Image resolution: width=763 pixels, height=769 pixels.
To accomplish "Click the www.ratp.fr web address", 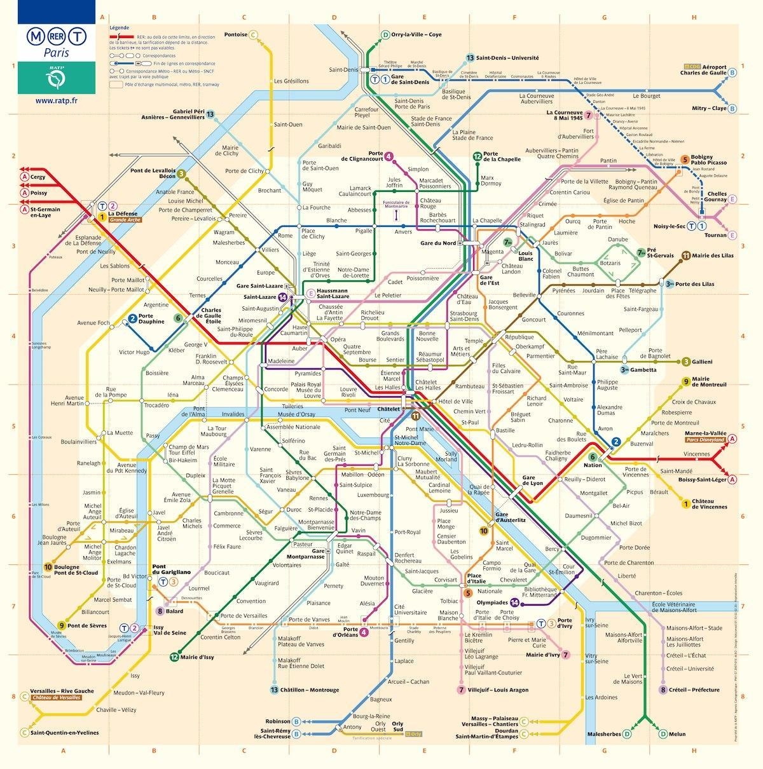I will (57, 100).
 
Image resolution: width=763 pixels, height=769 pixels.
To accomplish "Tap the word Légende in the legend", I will (119, 29).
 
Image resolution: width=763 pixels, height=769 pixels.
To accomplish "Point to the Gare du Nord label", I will (438, 243).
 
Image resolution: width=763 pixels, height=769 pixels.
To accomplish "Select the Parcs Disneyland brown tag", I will (705, 440).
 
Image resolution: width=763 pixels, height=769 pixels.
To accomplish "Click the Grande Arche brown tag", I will (125, 220).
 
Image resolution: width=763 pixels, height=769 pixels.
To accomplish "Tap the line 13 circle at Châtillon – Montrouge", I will (274, 690).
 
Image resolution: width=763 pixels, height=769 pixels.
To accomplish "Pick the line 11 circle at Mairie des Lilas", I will (685, 255).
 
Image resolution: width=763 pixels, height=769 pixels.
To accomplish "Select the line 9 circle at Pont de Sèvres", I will (62, 625).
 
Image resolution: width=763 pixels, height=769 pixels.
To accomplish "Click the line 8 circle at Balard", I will (160, 611).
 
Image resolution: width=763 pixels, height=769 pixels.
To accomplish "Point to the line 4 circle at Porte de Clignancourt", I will (388, 156).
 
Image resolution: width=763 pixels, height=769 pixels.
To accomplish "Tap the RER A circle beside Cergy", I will (24, 177).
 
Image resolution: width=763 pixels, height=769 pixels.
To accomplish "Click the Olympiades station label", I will (492, 602).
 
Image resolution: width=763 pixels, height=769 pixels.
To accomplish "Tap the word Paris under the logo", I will (57, 53).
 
